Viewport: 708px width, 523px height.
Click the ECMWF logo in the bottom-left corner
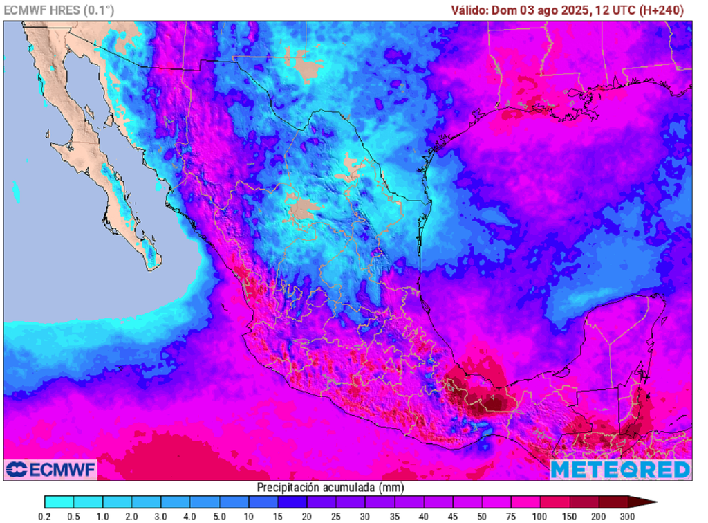(x=50, y=470)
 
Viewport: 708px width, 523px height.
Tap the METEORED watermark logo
(x=620, y=470)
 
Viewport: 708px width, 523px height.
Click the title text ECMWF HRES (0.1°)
(x=59, y=10)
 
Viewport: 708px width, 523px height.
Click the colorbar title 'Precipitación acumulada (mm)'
(x=330, y=487)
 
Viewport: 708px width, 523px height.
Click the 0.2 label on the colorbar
(x=45, y=516)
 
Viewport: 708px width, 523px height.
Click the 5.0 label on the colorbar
(x=220, y=516)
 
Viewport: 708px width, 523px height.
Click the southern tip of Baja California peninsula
(x=156, y=264)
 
